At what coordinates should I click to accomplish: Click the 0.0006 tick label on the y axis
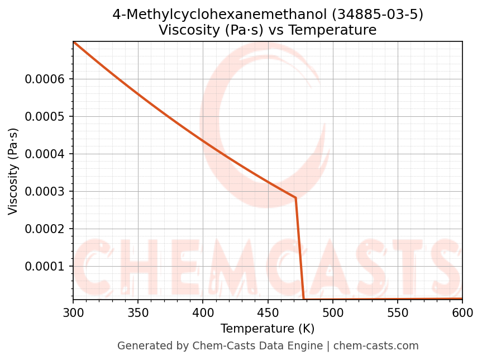coord(45,79)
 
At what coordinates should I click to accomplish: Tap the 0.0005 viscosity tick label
coord(45,117)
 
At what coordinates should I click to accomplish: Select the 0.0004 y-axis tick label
coord(45,154)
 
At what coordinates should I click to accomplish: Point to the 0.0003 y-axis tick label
coord(45,192)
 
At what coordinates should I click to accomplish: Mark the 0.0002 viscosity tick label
coord(45,229)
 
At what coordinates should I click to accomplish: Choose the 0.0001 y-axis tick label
coord(45,267)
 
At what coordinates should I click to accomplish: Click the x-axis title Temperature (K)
coord(268,329)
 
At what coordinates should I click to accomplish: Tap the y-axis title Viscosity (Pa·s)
coord(13,171)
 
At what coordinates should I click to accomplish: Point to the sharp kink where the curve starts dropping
coord(295,198)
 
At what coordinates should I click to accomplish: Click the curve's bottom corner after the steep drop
coord(303,299)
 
